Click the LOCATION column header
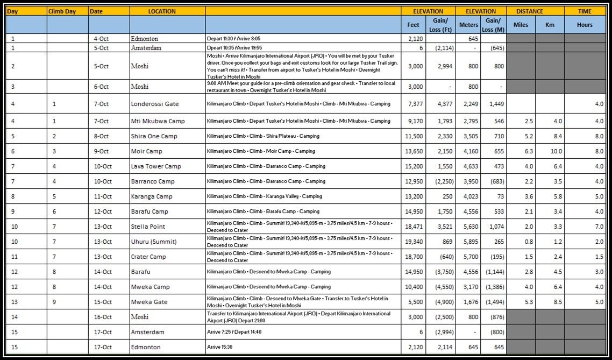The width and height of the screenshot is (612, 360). coord(162,11)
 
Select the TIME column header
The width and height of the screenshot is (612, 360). coord(585,11)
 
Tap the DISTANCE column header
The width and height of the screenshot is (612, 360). coord(535,11)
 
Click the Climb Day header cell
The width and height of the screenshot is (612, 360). coord(62,11)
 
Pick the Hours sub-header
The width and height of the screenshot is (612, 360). coord(585,25)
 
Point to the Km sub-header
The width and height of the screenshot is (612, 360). coord(550,25)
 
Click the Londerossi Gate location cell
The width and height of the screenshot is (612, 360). coord(155,104)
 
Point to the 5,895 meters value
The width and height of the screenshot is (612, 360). coord(469,242)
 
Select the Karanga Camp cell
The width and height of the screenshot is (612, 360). coord(152,196)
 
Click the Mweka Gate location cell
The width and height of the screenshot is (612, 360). coord(150,302)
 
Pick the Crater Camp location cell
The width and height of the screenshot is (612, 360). coord(148,257)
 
